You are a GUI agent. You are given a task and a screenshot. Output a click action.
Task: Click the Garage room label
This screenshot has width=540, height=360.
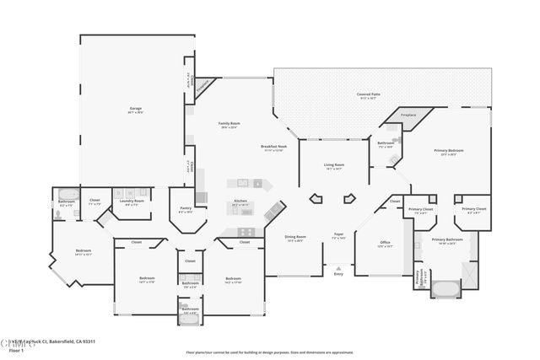(x=135, y=110)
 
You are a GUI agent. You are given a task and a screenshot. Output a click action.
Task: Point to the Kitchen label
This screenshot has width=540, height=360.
(x=241, y=201)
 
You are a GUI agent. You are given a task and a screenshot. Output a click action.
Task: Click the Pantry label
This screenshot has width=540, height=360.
(x=186, y=209)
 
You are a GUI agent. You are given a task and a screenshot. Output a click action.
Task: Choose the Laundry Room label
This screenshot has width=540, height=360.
(x=132, y=201)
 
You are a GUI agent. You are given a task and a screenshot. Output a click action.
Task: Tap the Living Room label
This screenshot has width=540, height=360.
(x=334, y=165)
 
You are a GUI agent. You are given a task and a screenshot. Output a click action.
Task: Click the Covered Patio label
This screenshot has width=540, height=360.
(x=366, y=94)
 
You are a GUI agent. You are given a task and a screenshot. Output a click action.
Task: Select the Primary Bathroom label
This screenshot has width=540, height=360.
(x=448, y=240)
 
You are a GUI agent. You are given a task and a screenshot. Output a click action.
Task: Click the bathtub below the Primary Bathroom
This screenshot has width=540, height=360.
(x=445, y=289)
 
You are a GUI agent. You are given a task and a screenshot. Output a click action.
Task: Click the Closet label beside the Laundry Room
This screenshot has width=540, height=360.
(x=94, y=201)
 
